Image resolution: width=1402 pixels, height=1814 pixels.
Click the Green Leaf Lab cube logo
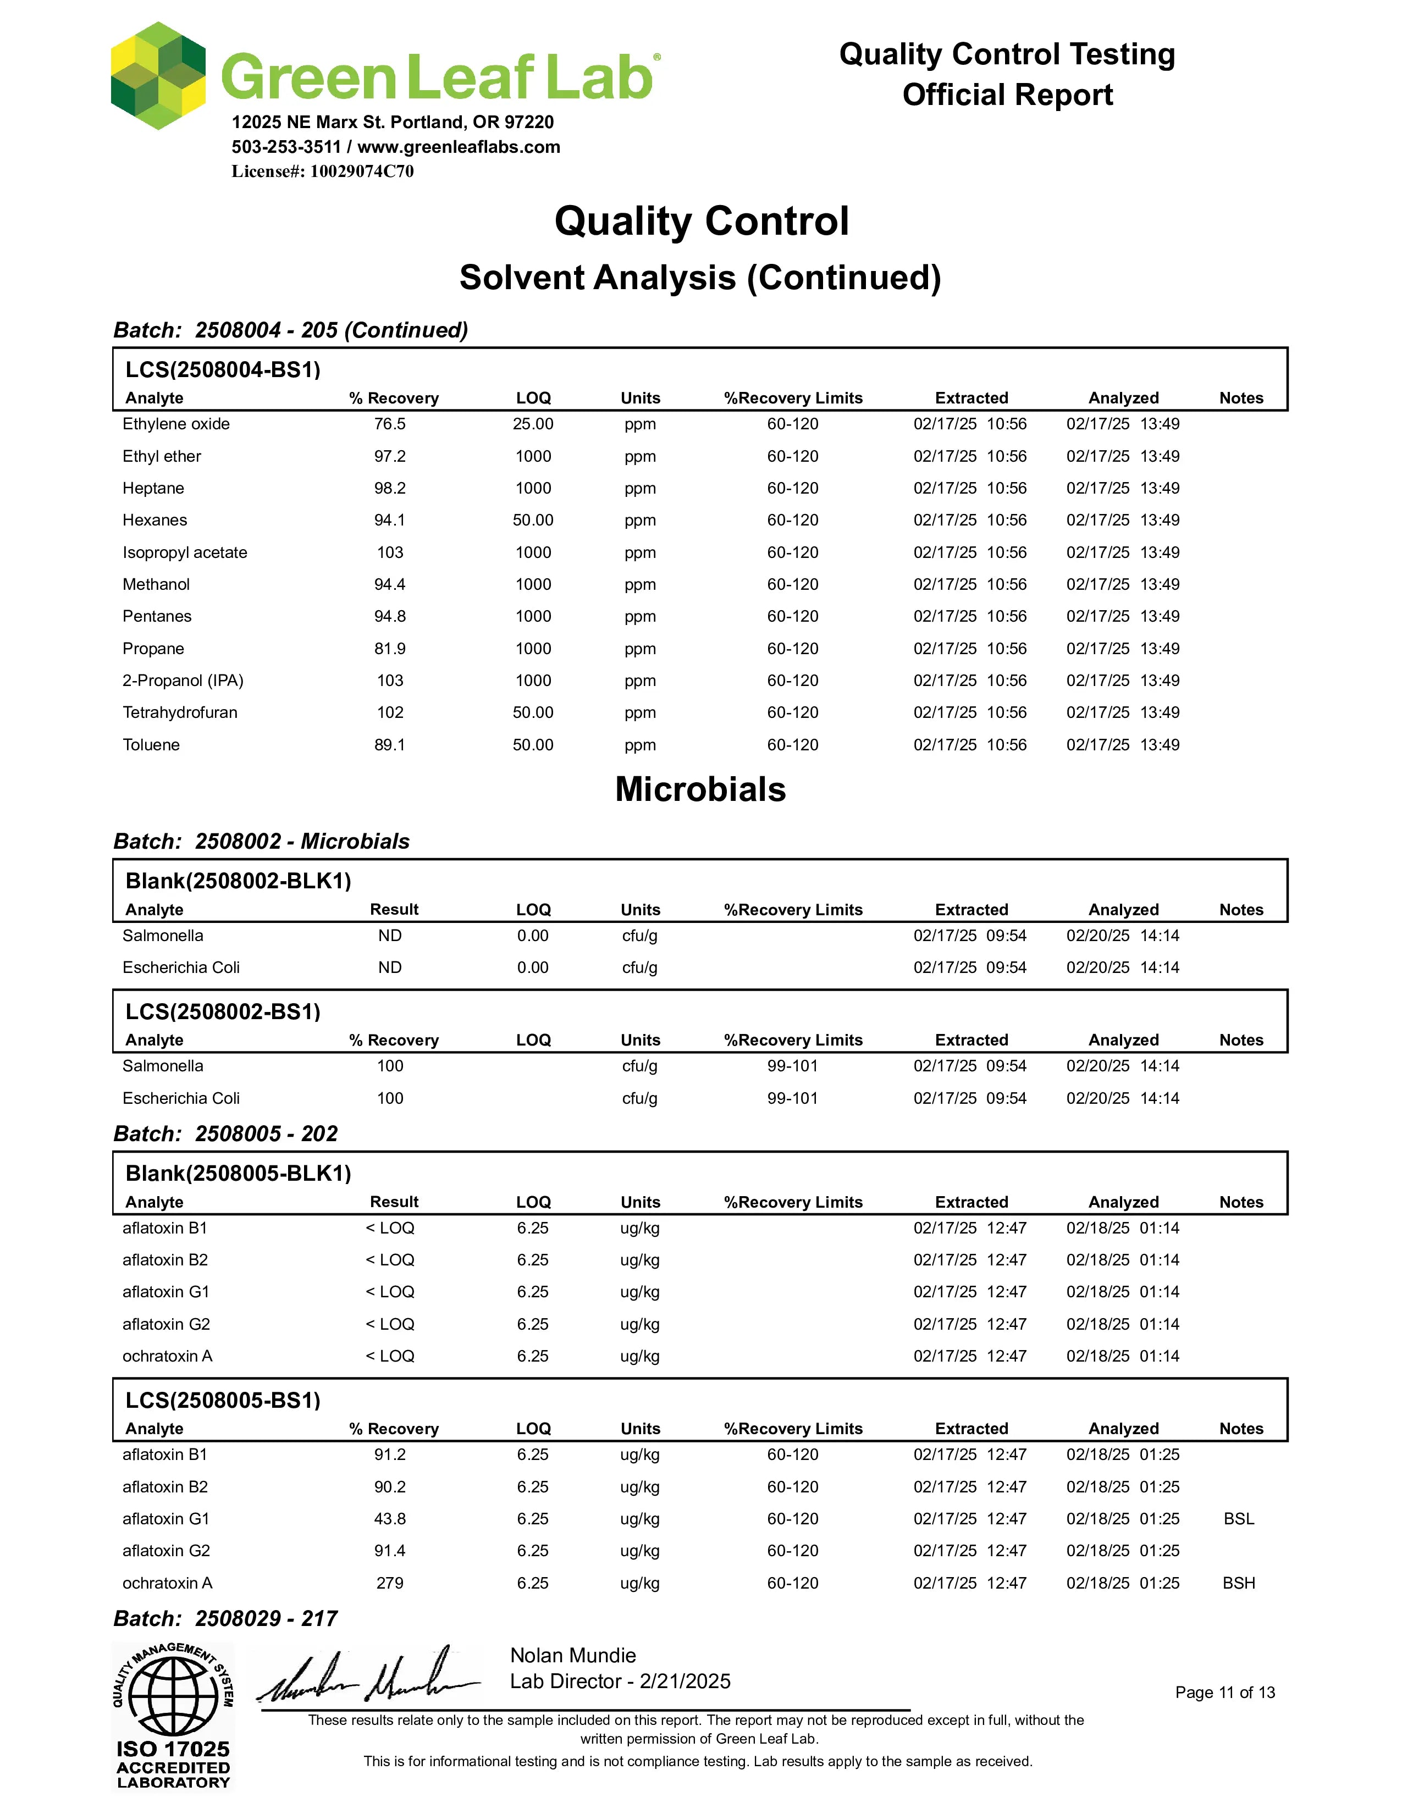pos(158,76)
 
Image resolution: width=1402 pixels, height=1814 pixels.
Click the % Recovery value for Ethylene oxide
pos(390,424)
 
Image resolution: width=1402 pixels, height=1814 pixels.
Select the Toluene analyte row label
pos(151,744)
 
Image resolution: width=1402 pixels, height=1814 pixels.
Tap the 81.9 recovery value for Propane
pos(390,649)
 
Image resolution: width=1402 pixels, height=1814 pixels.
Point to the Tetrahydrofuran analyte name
pos(179,712)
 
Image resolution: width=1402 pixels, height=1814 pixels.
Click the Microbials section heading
pos(700,789)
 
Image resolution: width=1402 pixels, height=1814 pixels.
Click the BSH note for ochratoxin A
pos(1238,1583)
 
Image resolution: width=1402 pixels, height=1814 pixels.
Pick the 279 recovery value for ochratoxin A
pos(390,1583)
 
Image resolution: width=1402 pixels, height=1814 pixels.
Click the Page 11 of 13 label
pos(1224,1693)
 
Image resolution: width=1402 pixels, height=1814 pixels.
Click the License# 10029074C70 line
pos(322,171)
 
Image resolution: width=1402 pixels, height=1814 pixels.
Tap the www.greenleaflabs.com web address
pos(459,147)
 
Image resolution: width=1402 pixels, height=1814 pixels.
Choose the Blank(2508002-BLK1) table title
pos(239,881)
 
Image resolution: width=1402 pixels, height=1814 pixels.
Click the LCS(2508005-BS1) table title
pos(223,1401)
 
